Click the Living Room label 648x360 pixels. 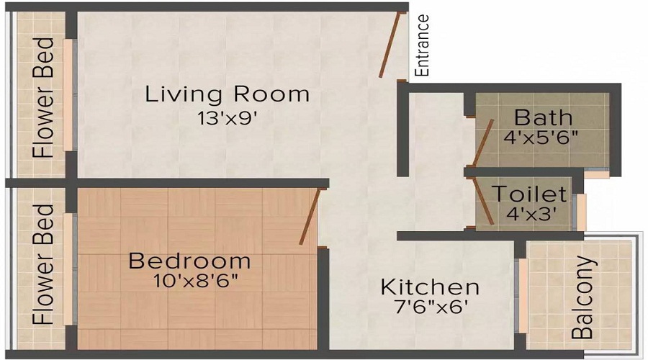point(228,94)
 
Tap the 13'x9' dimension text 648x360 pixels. point(228,119)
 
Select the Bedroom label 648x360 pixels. point(189,261)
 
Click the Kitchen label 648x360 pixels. point(430,287)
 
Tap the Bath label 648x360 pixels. point(544,117)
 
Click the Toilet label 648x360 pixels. point(529,194)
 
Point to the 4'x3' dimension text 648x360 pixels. point(529,214)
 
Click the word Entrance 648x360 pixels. point(423,45)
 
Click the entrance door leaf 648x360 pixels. point(390,44)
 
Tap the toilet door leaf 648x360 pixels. point(482,201)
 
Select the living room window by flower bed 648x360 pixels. point(68,95)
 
